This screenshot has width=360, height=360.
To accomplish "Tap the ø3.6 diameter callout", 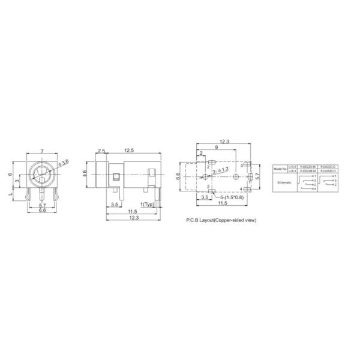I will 64,162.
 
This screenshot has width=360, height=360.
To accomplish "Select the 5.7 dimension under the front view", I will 42,206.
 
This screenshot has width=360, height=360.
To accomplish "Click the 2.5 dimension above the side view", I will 101,151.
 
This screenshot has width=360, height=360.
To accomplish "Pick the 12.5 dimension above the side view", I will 128,151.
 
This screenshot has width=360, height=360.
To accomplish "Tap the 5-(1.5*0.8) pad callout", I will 231,197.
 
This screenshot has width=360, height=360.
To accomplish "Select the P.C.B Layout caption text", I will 221,220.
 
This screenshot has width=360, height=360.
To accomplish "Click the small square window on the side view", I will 115,176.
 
